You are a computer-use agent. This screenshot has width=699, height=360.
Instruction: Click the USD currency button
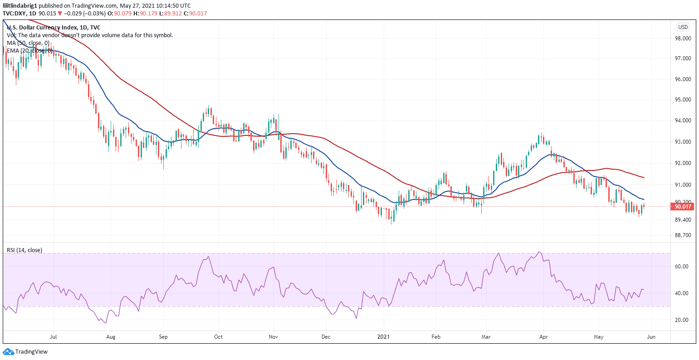(x=683, y=27)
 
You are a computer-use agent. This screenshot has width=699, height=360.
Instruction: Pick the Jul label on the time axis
(x=54, y=337)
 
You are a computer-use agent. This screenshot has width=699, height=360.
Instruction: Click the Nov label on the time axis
(x=273, y=337)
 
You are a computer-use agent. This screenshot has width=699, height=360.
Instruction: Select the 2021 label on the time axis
(x=384, y=337)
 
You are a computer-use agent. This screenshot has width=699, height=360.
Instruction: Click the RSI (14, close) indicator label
(x=24, y=250)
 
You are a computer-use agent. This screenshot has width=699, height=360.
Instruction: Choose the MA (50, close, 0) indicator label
(x=28, y=43)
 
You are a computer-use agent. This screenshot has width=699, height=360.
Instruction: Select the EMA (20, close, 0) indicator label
(x=30, y=51)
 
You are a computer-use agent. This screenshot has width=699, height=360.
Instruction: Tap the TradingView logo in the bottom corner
(x=25, y=351)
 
